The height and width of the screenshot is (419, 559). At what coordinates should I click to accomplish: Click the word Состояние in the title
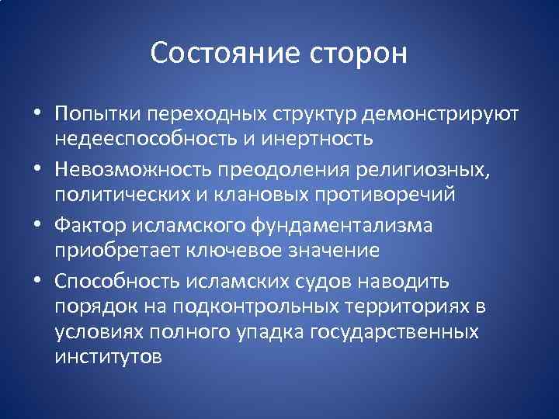(x=222, y=54)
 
